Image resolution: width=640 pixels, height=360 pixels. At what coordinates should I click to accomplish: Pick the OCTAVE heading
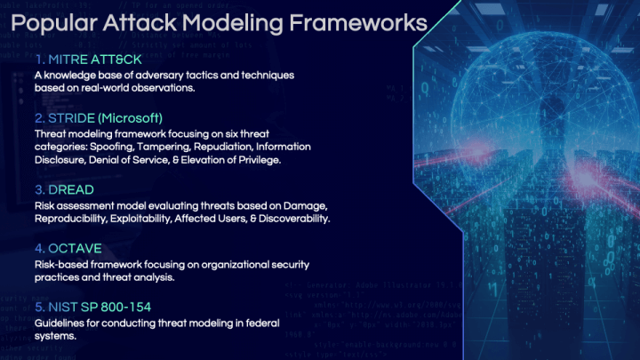[x=72, y=247]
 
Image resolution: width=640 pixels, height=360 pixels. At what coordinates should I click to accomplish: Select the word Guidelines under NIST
[x=60, y=323]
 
